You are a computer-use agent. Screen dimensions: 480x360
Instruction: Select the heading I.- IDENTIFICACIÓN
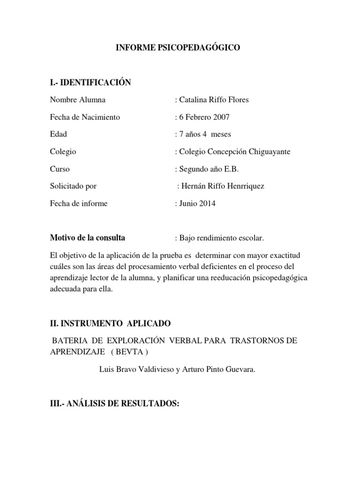click(x=90, y=82)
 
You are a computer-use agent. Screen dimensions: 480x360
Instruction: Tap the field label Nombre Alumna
click(x=77, y=99)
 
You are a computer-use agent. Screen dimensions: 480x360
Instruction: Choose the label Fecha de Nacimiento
click(x=85, y=117)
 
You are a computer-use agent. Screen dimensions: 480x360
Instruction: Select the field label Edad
click(x=59, y=134)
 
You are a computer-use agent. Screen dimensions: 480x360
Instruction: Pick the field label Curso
click(x=60, y=169)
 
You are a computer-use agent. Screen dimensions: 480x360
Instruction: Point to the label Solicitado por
click(x=73, y=186)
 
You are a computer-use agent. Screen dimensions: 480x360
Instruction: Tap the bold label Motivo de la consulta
click(x=88, y=238)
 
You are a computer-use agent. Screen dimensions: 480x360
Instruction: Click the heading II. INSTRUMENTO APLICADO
click(x=111, y=323)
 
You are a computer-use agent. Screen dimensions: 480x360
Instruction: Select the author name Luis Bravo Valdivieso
click(x=135, y=369)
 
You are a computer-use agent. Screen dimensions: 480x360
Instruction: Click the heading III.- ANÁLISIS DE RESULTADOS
click(x=115, y=404)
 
